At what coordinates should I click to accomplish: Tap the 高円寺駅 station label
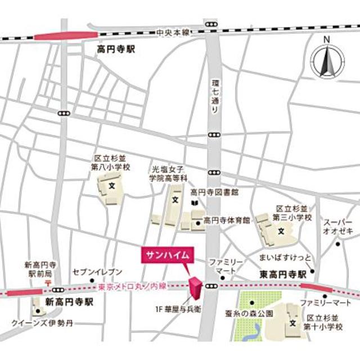(116, 50)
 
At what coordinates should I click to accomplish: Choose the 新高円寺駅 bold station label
(70, 301)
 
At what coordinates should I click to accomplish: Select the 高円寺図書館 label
(214, 192)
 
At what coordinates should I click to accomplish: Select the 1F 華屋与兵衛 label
(178, 309)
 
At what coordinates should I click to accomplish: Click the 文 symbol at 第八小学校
(111, 184)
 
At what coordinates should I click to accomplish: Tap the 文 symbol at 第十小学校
(292, 323)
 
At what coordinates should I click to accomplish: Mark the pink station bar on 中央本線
(58, 37)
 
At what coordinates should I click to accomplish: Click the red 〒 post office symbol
(49, 280)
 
